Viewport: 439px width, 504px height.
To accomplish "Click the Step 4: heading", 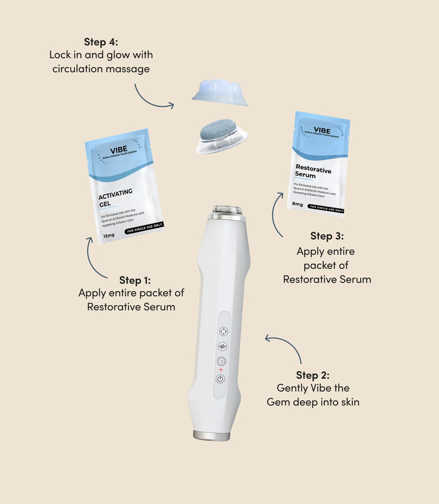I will pyautogui.click(x=101, y=42).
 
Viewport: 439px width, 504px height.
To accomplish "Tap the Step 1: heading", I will pyautogui.click(x=135, y=280).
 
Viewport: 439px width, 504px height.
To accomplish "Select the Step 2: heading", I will pyautogui.click(x=312, y=375).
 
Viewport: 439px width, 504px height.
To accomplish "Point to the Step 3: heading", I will pyautogui.click(x=327, y=236).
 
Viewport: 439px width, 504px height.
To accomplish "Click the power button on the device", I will pyautogui.click(x=221, y=379).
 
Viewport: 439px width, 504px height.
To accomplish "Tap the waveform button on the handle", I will pyautogui.click(x=222, y=346).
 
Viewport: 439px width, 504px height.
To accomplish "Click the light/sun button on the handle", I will pyautogui.click(x=221, y=361).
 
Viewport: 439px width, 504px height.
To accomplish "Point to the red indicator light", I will pyautogui.click(x=221, y=370).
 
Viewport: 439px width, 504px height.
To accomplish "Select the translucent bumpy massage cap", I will pyautogui.click(x=220, y=90).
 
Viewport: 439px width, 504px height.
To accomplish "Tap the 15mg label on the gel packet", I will pyautogui.click(x=109, y=236).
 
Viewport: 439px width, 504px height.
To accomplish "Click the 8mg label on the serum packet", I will pyautogui.click(x=297, y=204).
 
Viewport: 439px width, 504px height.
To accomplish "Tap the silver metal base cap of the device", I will pyautogui.click(x=211, y=436).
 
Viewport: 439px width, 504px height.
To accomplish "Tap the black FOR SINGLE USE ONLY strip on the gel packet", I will pyautogui.click(x=144, y=228).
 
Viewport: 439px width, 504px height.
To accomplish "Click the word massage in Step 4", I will pyautogui.click(x=130, y=69).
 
